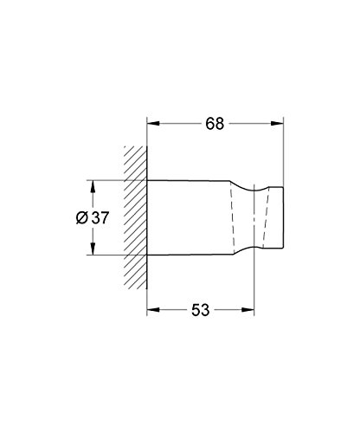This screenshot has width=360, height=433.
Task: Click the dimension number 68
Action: click(215, 124)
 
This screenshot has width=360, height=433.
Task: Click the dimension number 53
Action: click(201, 310)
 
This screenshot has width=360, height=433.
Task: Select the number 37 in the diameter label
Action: click(100, 217)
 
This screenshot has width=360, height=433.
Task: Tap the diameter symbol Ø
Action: click(82, 217)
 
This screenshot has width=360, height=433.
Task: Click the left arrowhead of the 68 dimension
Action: click(153, 124)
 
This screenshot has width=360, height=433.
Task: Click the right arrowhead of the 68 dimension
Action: click(277, 124)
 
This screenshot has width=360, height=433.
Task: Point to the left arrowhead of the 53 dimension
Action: click(153, 310)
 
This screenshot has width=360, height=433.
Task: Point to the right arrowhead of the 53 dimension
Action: click(248, 310)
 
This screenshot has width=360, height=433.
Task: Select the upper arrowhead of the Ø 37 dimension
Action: click(93, 186)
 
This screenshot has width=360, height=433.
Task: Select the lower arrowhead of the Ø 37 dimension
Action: click(93, 249)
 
